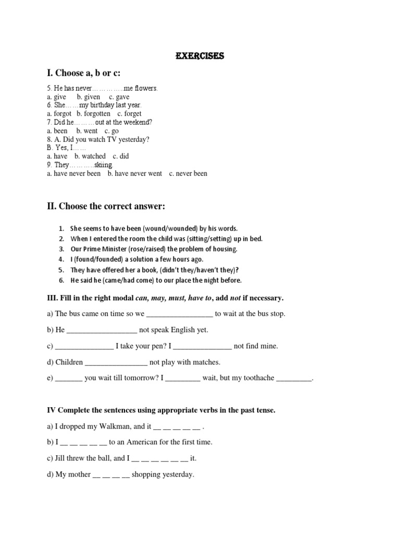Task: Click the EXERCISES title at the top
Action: pyautogui.click(x=200, y=56)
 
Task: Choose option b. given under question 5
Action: pyautogui.click(x=89, y=97)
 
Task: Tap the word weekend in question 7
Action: pyautogui.click(x=137, y=122)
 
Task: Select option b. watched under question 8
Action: pyautogui.click(x=90, y=156)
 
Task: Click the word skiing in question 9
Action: pyautogui.click(x=104, y=165)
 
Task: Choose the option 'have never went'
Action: pyautogui.click(x=135, y=173)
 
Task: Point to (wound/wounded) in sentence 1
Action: pyautogui.click(x=170, y=228)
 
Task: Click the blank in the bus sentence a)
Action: pyautogui.click(x=180, y=314)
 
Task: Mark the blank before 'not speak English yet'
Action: pyautogui.click(x=102, y=330)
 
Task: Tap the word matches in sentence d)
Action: pyautogui.click(x=207, y=362)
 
